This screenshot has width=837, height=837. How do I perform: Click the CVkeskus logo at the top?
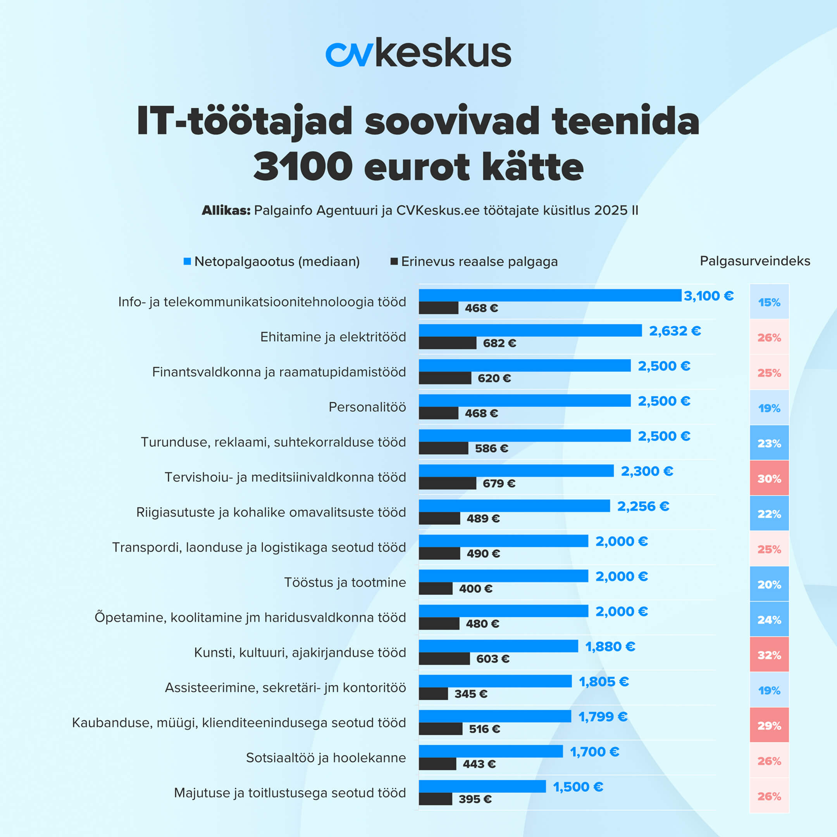pyautogui.click(x=418, y=53)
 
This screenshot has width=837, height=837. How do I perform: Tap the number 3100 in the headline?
pyautogui.click(x=302, y=166)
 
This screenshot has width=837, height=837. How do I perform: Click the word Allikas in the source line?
pyautogui.click(x=226, y=210)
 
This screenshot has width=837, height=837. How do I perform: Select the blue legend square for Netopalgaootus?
pyautogui.click(x=187, y=261)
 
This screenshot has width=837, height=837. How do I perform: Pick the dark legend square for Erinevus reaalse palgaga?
pyautogui.click(x=394, y=261)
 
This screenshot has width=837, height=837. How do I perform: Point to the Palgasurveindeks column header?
pyautogui.click(x=755, y=261)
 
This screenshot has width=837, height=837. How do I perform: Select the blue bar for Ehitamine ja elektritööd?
pyautogui.click(x=530, y=331)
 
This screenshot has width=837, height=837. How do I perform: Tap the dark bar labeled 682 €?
pyautogui.click(x=447, y=343)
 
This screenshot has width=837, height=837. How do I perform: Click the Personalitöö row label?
pyautogui.click(x=367, y=407)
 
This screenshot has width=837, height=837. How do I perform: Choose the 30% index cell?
pyautogui.click(x=769, y=478)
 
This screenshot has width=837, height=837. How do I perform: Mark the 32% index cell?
pyautogui.click(x=769, y=654)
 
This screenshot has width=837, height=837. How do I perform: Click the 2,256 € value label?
pyautogui.click(x=643, y=506)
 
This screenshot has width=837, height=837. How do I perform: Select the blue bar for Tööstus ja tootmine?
pyautogui.click(x=503, y=576)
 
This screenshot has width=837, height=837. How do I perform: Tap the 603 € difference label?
pyautogui.click(x=493, y=658)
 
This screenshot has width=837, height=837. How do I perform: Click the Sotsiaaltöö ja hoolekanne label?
pyautogui.click(x=326, y=757)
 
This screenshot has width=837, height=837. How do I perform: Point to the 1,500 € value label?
pyautogui.click(x=577, y=786)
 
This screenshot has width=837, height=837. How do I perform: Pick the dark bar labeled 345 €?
pyautogui.click(x=433, y=694)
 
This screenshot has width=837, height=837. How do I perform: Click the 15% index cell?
pyautogui.click(x=769, y=302)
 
